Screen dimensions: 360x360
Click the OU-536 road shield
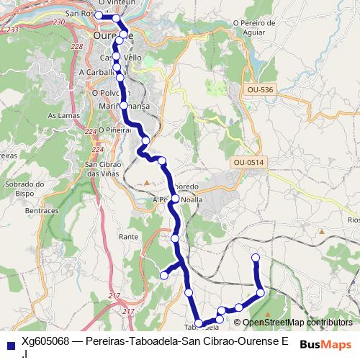[x=259, y=89]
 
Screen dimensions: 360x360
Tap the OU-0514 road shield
[x=249, y=163]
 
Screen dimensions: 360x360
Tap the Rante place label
[x=128, y=236]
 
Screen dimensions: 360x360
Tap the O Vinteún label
[x=119, y=4]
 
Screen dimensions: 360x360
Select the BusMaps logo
[x=325, y=344]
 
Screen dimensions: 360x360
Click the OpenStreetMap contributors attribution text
[x=297, y=323]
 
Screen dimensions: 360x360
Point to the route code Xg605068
[x=45, y=341]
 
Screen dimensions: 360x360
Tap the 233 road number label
[x=11, y=30]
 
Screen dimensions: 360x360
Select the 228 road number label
[x=76, y=46]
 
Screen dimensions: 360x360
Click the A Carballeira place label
[x=99, y=72]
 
